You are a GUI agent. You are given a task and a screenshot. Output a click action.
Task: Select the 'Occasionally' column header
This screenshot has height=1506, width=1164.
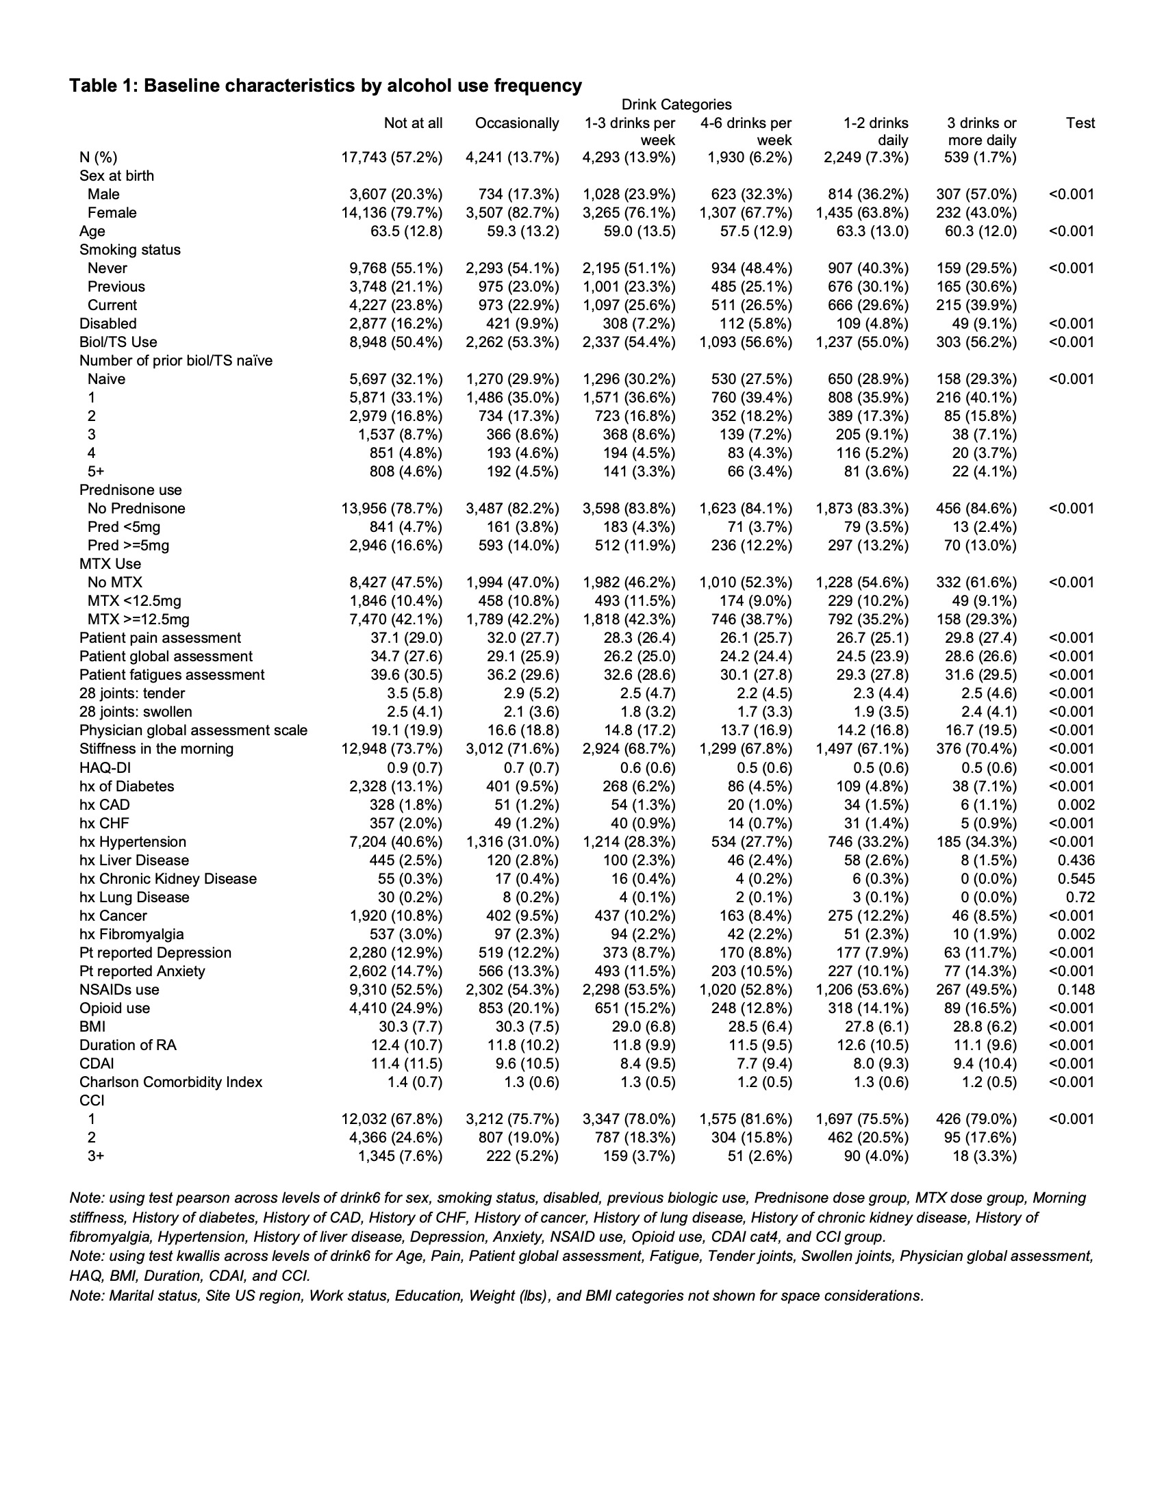click(516, 123)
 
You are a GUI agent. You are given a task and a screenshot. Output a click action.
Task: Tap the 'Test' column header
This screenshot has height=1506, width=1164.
click(1080, 123)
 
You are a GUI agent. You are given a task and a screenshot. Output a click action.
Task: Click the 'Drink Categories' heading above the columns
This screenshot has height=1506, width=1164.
click(676, 105)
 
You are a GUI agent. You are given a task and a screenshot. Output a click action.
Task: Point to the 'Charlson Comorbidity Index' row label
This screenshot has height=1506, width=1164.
click(170, 1082)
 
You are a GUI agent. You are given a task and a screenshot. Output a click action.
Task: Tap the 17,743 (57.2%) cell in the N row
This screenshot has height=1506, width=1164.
click(392, 158)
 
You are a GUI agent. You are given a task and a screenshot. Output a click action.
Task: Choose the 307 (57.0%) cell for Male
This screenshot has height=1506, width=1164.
click(976, 194)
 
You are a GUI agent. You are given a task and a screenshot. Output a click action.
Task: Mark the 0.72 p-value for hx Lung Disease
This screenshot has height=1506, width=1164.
click(1080, 897)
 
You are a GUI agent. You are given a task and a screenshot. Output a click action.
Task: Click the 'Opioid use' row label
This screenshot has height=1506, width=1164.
click(114, 1008)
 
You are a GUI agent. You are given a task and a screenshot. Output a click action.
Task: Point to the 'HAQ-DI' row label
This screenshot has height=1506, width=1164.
click(105, 768)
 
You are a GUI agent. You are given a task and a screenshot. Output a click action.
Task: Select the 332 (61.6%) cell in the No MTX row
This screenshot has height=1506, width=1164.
click(976, 583)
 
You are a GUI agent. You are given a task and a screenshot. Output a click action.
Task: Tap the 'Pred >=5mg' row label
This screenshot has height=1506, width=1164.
click(128, 546)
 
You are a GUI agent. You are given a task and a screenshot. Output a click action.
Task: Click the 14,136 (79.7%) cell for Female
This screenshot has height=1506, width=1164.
click(392, 213)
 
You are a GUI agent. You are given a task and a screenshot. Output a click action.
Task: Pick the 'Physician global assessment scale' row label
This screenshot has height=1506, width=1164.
click(193, 730)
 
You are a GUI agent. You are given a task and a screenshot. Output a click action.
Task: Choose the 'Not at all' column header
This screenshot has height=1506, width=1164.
click(413, 123)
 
